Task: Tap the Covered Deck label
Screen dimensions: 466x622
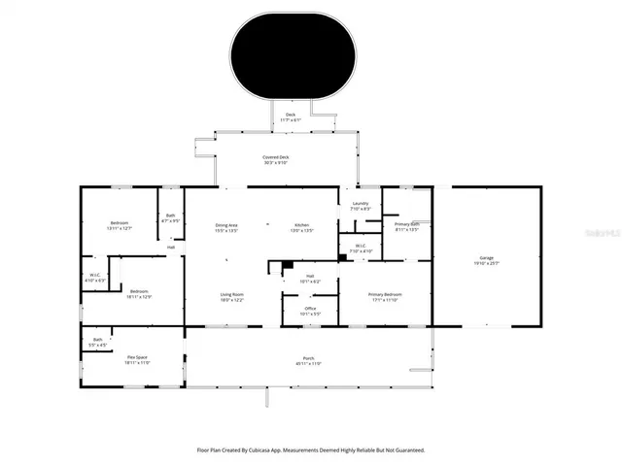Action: pyautogui.click(x=276, y=158)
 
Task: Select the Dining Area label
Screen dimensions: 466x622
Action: pyautogui.click(x=227, y=225)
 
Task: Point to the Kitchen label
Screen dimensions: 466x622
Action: pyautogui.click(x=302, y=225)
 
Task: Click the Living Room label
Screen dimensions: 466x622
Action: pyautogui.click(x=230, y=295)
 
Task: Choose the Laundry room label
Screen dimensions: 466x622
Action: pyautogui.click(x=360, y=204)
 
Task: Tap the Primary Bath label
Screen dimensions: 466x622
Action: pyautogui.click(x=407, y=225)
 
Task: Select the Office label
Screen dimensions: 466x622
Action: pyautogui.click(x=310, y=310)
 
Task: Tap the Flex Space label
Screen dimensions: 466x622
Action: pyautogui.click(x=137, y=357)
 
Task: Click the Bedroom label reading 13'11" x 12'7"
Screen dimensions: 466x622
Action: pyautogui.click(x=120, y=223)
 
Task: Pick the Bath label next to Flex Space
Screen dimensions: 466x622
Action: pyautogui.click(x=97, y=340)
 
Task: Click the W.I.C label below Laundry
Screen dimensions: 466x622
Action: pyautogui.click(x=360, y=247)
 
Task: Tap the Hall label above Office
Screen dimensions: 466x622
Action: pyautogui.click(x=310, y=277)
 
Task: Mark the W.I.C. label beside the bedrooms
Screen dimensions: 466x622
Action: pyautogui.click(x=95, y=275)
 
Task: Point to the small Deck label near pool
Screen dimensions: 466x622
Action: pyautogui.click(x=290, y=116)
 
